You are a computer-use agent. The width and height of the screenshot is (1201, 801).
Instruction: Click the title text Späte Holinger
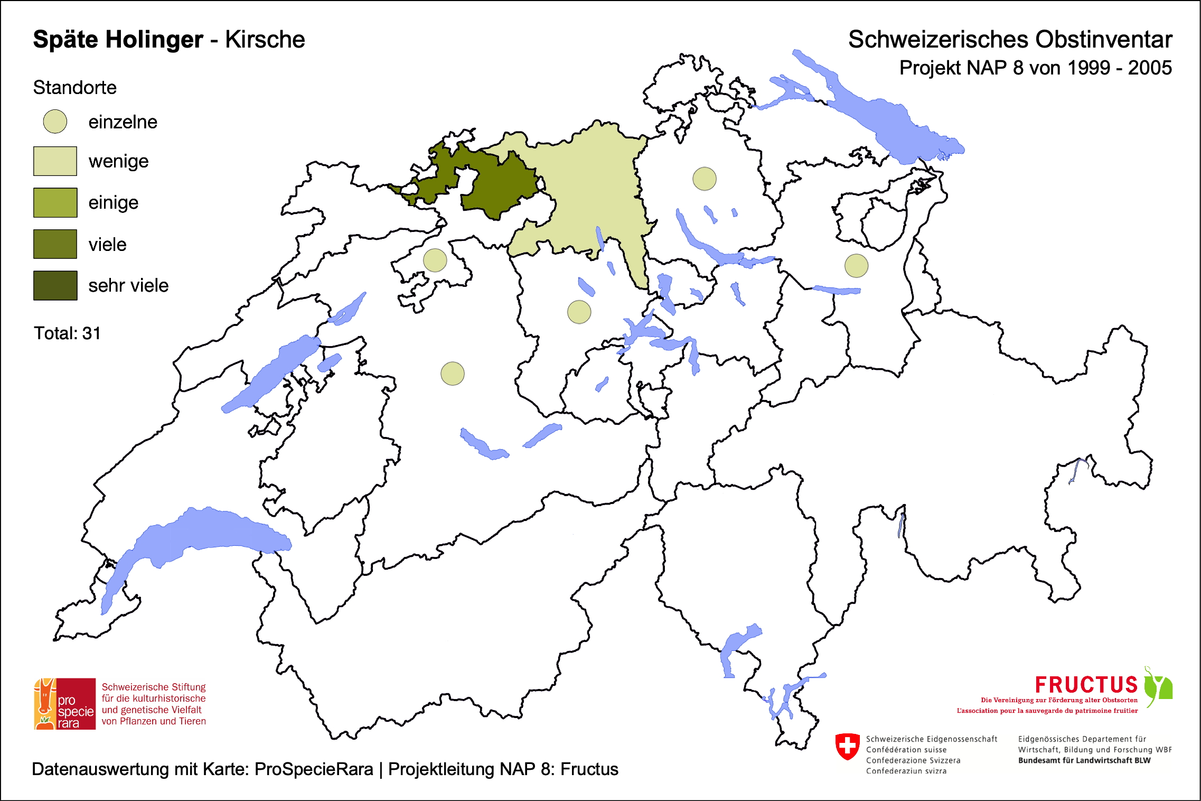point(118,40)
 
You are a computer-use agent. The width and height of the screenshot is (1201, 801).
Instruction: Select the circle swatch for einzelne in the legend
point(55,122)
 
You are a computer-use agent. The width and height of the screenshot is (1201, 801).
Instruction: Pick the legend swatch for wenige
point(55,161)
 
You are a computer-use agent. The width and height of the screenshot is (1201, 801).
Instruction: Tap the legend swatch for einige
point(55,202)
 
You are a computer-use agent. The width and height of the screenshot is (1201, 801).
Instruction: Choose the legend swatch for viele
point(55,244)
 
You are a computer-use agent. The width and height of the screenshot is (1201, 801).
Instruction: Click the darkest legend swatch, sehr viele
point(55,285)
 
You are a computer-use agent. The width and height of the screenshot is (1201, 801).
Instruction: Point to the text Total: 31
point(67,333)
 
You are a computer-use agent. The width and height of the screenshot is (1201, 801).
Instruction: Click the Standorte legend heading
point(74,88)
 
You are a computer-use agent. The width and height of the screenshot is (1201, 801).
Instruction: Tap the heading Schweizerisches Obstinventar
point(1010,40)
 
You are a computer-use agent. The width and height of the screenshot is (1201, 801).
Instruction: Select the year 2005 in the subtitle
point(1150,68)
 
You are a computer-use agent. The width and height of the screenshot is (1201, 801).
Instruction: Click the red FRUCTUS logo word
point(1086,685)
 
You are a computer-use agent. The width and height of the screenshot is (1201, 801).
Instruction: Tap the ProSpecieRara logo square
point(65,704)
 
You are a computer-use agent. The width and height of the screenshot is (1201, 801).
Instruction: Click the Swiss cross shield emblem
point(848,746)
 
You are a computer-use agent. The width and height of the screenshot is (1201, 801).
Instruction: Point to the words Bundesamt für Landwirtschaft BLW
point(1084,760)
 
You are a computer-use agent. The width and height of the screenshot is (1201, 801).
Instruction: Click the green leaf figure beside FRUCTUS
point(1159,686)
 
